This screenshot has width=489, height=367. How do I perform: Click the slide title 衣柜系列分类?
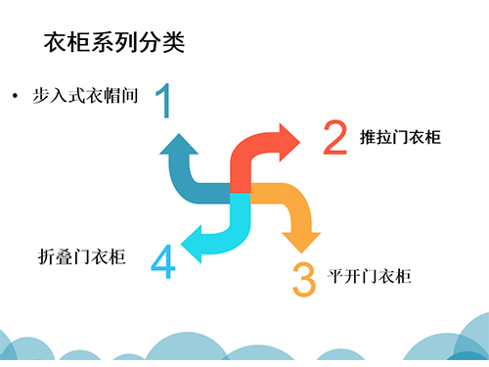(114, 42)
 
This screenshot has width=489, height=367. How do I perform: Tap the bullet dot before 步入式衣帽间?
(15, 96)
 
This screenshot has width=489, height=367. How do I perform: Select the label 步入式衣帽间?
(85, 96)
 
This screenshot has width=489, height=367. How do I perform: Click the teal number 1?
(163, 100)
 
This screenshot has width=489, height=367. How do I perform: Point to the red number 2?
(335, 137)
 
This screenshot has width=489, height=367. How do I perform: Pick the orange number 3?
(304, 280)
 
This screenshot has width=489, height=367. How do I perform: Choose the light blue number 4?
(163, 261)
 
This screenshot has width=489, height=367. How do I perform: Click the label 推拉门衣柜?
(400, 137)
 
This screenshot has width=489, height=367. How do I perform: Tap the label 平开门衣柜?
(370, 277)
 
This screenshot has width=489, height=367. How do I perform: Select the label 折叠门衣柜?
(81, 256)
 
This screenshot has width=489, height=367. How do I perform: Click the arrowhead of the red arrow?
(289, 142)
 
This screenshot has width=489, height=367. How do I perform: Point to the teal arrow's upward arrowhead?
(179, 144)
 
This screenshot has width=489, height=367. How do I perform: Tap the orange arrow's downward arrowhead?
(301, 243)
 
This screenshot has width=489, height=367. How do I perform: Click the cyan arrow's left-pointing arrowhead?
(191, 244)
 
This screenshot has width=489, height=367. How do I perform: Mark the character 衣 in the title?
(56, 42)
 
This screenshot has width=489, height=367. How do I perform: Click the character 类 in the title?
(174, 42)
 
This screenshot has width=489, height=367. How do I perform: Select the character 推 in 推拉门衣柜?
(368, 137)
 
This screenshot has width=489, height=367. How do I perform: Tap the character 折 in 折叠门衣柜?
(46, 256)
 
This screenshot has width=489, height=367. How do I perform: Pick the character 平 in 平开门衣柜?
(335, 277)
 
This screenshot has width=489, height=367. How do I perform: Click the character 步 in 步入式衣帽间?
(41, 96)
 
